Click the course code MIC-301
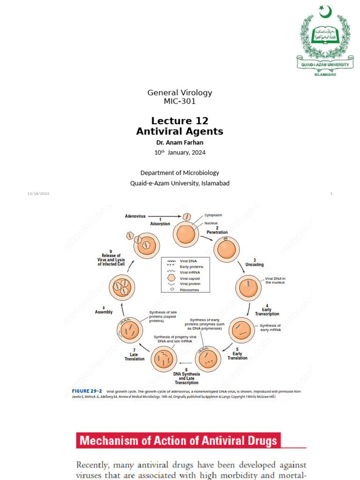[x=180, y=101]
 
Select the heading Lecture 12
[x=180, y=121]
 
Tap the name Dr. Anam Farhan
[x=180, y=142]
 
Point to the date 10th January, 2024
[x=180, y=152]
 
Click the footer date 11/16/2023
[x=38, y=194]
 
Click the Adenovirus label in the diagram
[x=135, y=216]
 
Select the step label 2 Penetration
[x=217, y=230]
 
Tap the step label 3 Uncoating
[x=255, y=262]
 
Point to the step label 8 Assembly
[x=104, y=310]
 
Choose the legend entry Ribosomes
[x=186, y=290]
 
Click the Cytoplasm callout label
[x=213, y=215]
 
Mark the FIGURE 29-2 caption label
[x=87, y=391]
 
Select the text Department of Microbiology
[x=180, y=173]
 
